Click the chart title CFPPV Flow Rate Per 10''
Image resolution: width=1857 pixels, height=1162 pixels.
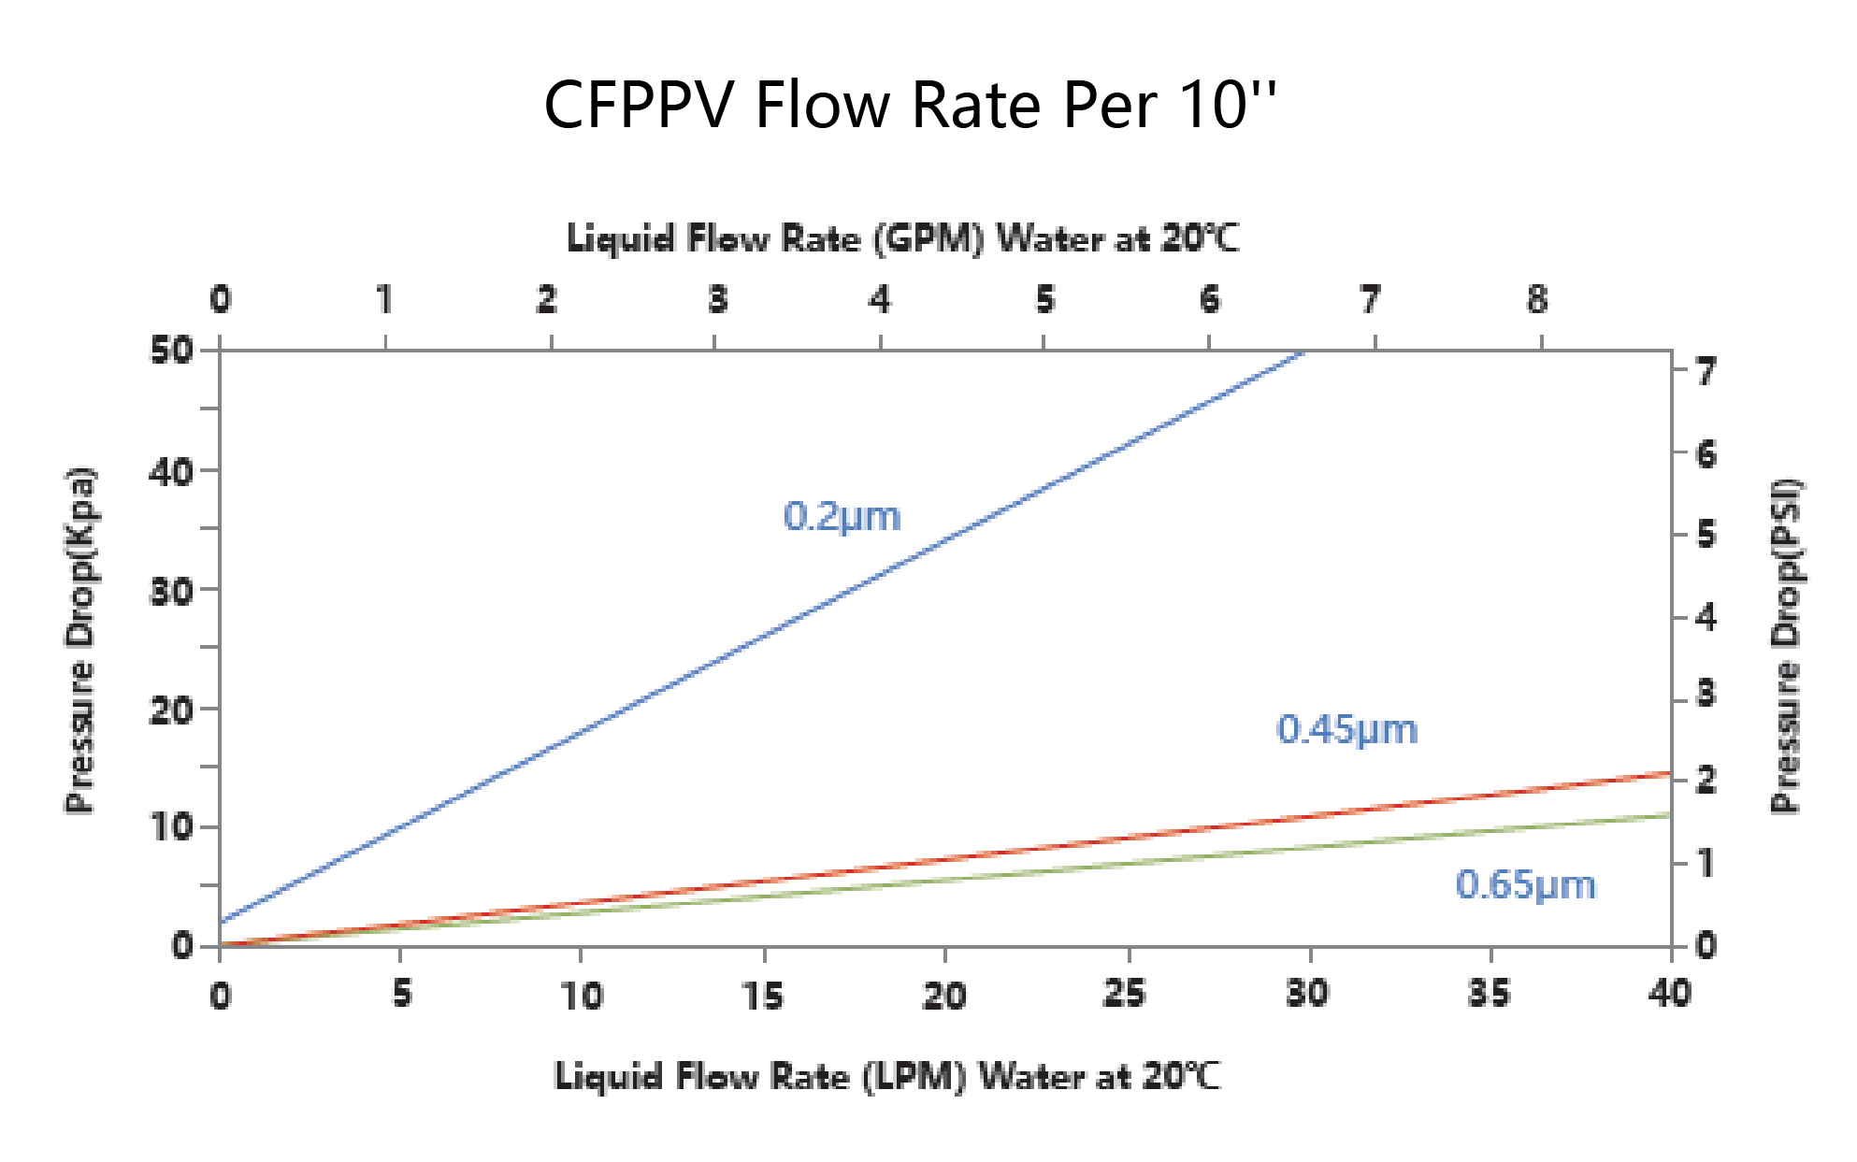(909, 105)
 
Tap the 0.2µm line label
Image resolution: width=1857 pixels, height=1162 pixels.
(842, 516)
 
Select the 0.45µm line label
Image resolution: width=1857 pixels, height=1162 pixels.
(1346, 729)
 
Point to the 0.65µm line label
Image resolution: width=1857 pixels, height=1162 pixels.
(1525, 884)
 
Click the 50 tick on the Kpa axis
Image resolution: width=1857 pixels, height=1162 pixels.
(172, 351)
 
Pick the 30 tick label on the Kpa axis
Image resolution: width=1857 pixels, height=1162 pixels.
(172, 591)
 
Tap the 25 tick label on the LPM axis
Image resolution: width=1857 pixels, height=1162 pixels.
(1125, 993)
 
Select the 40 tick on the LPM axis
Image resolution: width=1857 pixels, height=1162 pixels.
(1670, 993)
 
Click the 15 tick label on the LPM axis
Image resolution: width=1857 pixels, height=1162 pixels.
(764, 995)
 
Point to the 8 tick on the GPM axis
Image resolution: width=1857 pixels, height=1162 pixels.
(1537, 300)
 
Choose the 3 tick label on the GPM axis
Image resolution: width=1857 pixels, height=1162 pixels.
(717, 300)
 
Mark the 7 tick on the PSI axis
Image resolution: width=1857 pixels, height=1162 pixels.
(1706, 372)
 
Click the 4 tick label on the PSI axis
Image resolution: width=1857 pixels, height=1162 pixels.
(1706, 617)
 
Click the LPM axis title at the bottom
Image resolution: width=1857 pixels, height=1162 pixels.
(887, 1076)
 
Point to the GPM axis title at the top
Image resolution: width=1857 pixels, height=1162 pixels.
(902, 238)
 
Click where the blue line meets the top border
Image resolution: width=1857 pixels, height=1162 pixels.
(1303, 352)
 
